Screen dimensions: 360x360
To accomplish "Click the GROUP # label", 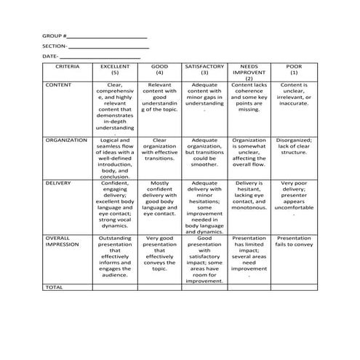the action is pos(54,35).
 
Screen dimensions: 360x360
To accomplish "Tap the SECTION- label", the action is pos(55,45).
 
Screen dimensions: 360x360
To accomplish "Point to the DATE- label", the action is pos(50,56).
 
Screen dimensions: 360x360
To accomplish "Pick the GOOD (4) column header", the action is pos(159,70).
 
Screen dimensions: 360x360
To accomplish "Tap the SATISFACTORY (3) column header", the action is pos(204,70).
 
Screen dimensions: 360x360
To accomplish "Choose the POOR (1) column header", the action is pos(294,70).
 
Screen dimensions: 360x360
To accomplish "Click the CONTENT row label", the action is pos(58,85).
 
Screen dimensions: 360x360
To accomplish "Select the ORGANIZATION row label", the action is pos(66,140).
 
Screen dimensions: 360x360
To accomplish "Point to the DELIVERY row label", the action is pos(58,183).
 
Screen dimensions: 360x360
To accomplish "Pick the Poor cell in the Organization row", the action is pos(294,147).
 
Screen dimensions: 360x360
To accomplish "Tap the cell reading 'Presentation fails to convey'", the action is pos(294,241).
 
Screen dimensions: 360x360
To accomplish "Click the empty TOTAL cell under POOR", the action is pos(294,287).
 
